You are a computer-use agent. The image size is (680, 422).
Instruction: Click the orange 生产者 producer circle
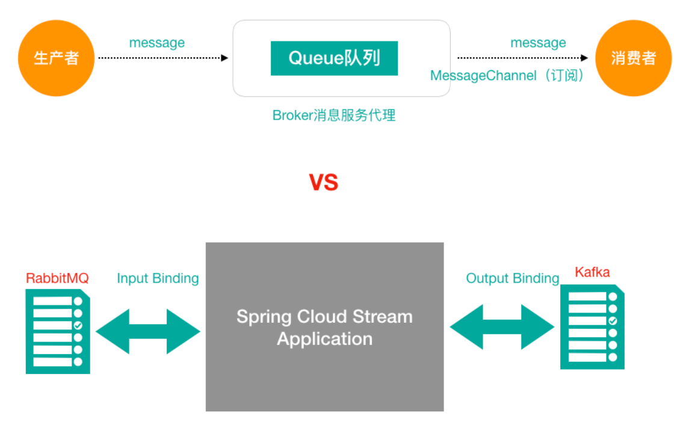(x=56, y=58)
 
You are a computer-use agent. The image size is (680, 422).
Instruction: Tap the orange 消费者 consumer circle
(x=633, y=58)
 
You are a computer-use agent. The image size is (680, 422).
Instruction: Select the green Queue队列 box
(x=334, y=58)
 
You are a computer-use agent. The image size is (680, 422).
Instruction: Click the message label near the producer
(x=156, y=43)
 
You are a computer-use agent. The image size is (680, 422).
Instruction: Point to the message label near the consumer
(x=538, y=43)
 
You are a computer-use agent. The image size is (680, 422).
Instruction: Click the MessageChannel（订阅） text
(x=507, y=76)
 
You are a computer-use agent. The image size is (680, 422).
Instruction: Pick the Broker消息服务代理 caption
(x=334, y=115)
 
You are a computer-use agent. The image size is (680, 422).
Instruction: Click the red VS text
(x=324, y=183)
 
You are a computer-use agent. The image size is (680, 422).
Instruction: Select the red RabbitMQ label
(x=57, y=278)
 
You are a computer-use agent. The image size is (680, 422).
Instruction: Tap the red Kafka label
(x=592, y=272)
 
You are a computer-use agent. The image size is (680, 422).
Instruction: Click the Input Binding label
(x=158, y=278)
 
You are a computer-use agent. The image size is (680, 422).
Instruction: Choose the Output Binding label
(x=513, y=278)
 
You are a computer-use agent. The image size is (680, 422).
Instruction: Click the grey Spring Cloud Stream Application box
(x=324, y=361)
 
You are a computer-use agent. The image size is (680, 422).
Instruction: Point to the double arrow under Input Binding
(x=148, y=331)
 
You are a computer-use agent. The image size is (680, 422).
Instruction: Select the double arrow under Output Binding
(x=502, y=327)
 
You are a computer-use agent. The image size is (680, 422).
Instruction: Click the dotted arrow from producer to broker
(x=162, y=58)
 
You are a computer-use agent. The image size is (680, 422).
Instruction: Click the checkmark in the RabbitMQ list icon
(x=78, y=325)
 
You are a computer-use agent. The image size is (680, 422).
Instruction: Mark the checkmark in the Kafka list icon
(x=613, y=321)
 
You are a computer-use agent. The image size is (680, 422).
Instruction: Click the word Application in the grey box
(x=324, y=339)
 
